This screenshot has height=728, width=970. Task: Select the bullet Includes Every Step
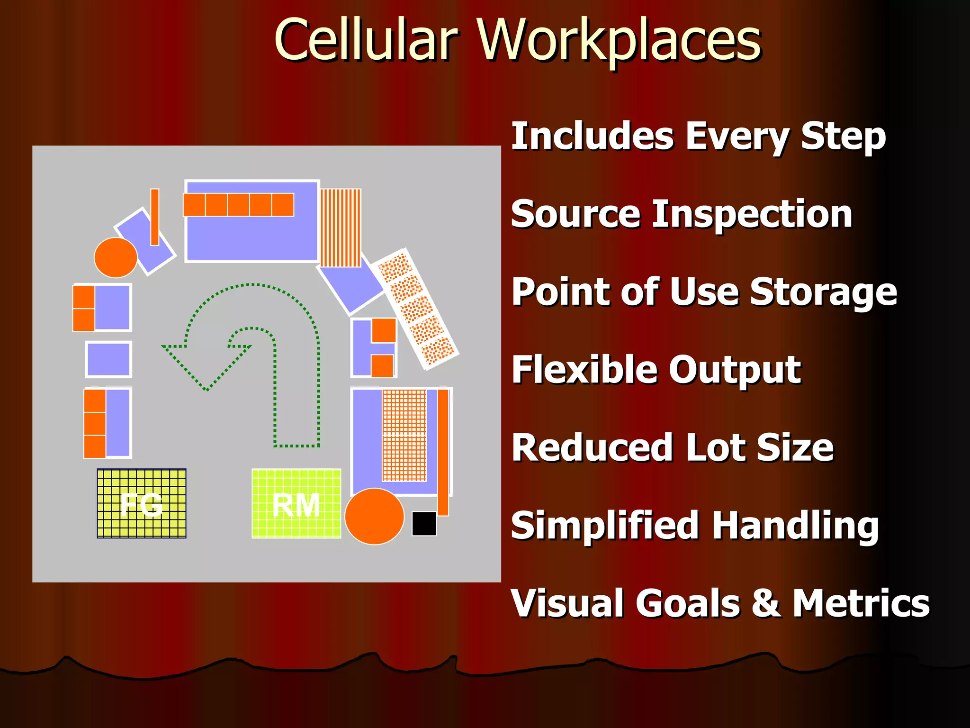(x=699, y=136)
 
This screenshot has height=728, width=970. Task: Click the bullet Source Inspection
(x=682, y=214)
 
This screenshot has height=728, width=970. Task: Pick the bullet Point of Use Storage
(x=704, y=292)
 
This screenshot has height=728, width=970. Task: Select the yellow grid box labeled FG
(x=142, y=503)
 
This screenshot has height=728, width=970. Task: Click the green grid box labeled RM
(x=296, y=503)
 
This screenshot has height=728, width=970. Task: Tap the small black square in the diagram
(x=424, y=523)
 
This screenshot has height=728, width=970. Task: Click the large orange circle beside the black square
(x=374, y=516)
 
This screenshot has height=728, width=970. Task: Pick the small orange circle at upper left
(x=116, y=257)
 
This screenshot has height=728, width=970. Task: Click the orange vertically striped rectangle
(x=341, y=227)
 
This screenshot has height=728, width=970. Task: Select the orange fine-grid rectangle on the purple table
(x=404, y=435)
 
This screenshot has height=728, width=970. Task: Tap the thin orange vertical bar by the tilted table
(x=154, y=217)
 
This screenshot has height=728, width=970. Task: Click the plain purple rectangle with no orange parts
(x=108, y=359)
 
